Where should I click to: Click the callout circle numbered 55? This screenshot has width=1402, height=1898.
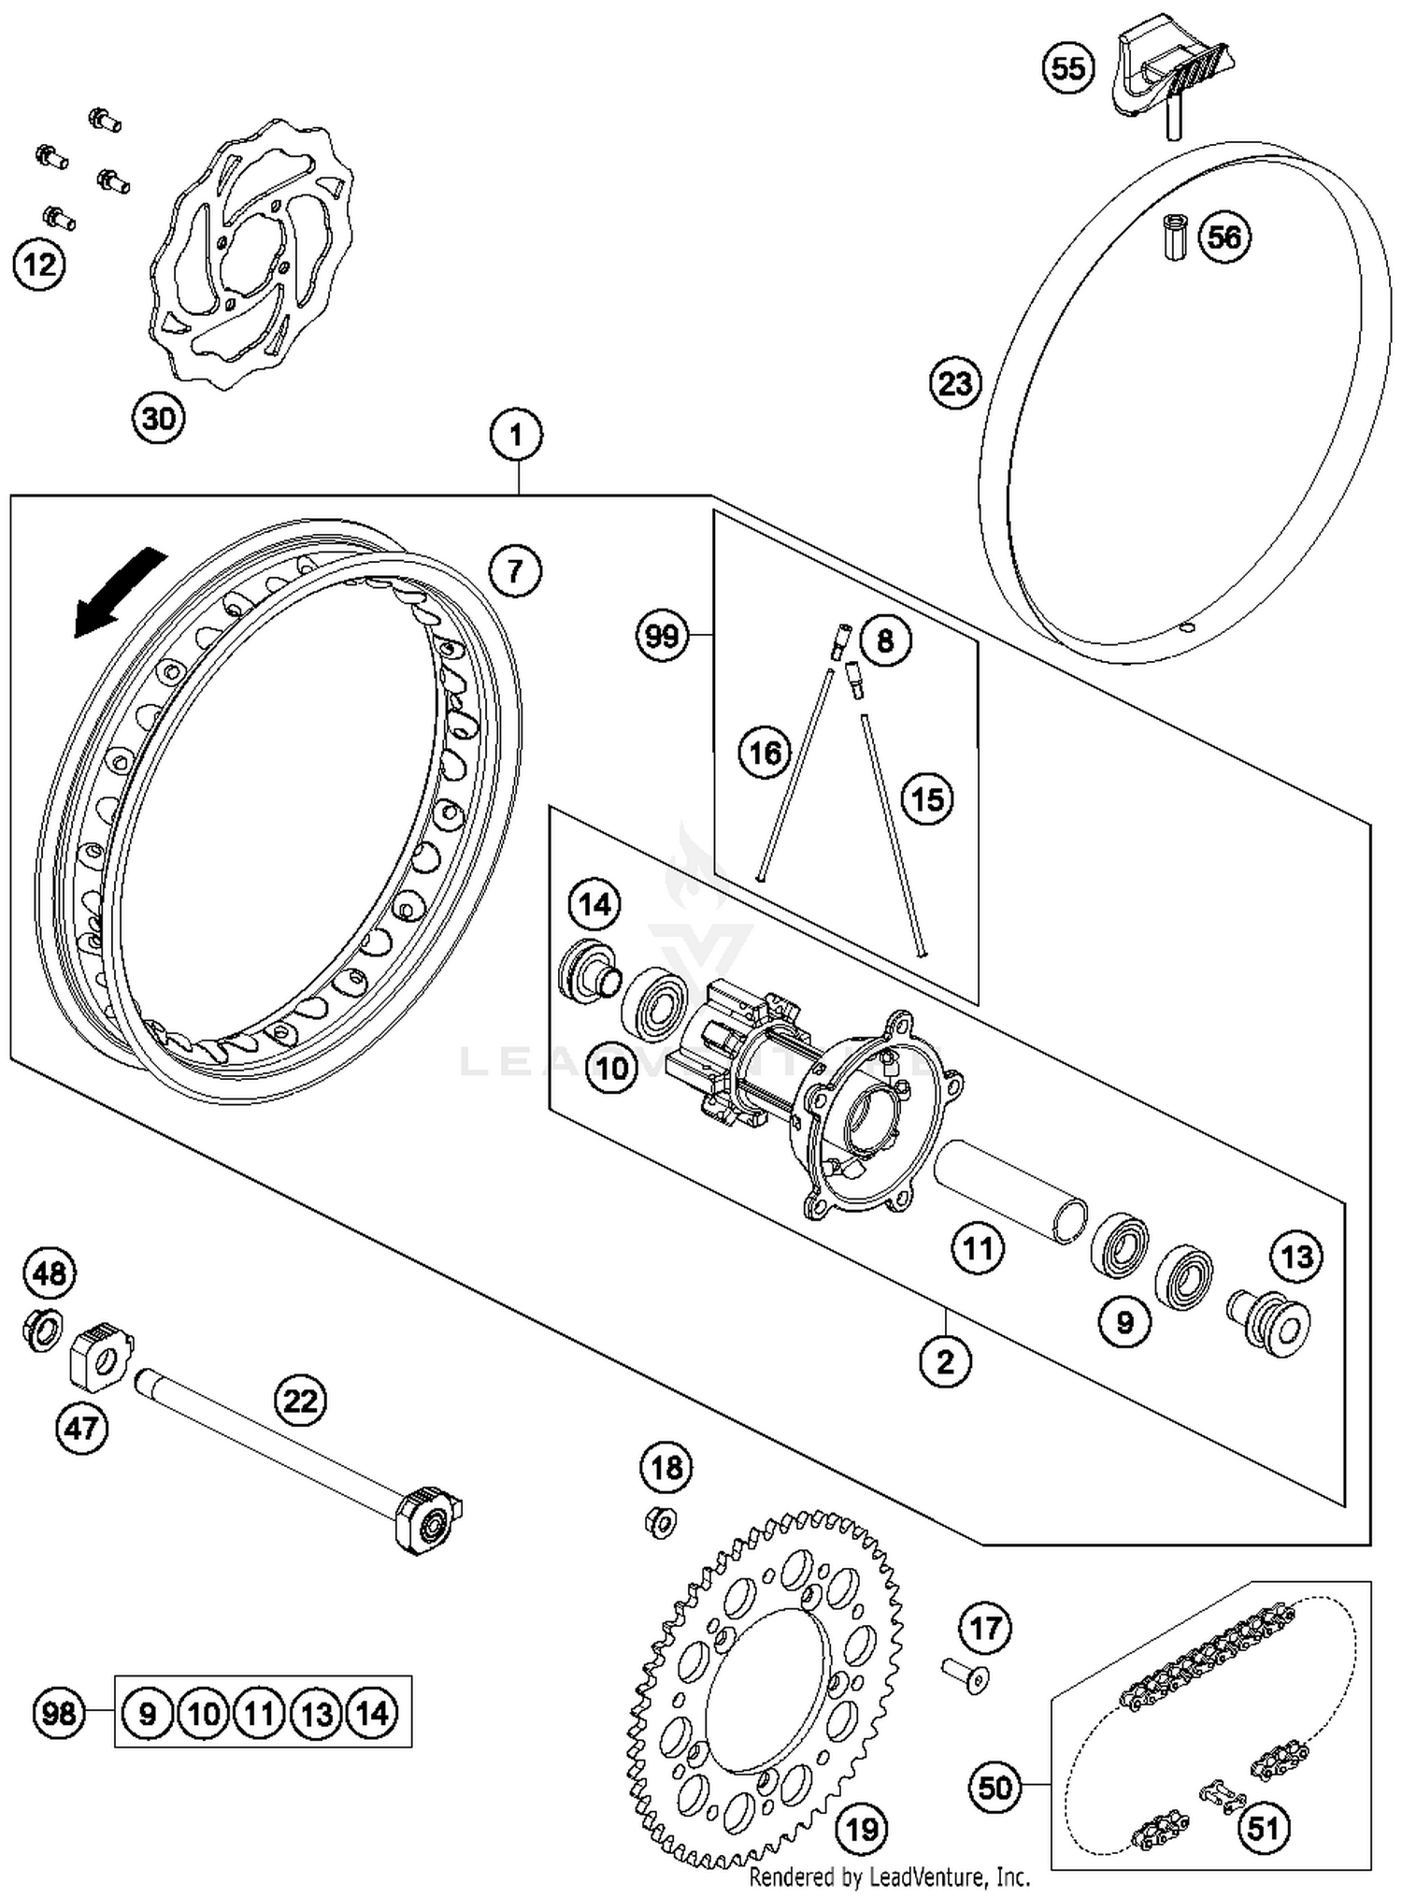[x=1068, y=68]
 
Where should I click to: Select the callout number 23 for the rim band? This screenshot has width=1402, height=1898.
[x=955, y=383]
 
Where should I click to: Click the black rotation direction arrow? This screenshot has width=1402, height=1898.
[x=119, y=594]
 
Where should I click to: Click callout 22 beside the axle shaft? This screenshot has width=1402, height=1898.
[x=301, y=1401]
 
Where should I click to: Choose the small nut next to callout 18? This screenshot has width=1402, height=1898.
[x=661, y=1523]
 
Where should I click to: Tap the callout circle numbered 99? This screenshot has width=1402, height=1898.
[x=661, y=636]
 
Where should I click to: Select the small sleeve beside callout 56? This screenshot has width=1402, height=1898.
[x=1175, y=237]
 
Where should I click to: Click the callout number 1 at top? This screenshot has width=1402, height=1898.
[x=515, y=434]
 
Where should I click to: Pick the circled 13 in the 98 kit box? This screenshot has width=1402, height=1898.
[x=316, y=1714]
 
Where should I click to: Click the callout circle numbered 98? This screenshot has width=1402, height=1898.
[x=58, y=1714]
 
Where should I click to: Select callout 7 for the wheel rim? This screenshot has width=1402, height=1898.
[x=515, y=569]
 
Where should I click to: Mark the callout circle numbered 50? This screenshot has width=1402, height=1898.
[x=994, y=1788]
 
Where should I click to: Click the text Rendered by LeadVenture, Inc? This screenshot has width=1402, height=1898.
[x=889, y=1876]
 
